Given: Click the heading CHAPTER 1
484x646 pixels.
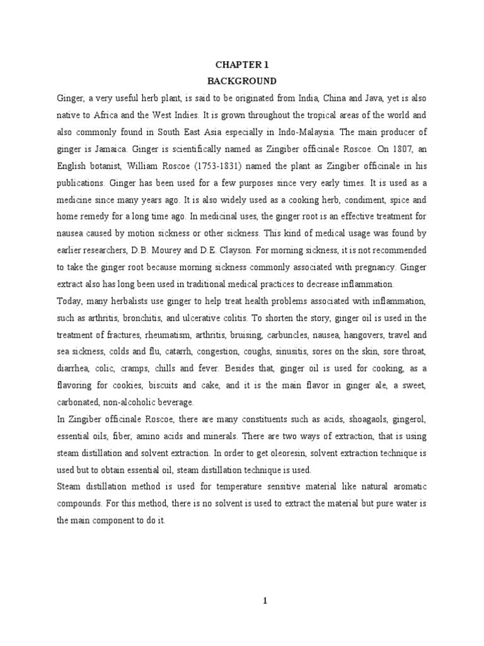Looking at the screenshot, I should [x=242, y=64].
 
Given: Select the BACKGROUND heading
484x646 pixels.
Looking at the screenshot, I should [x=242, y=81].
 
